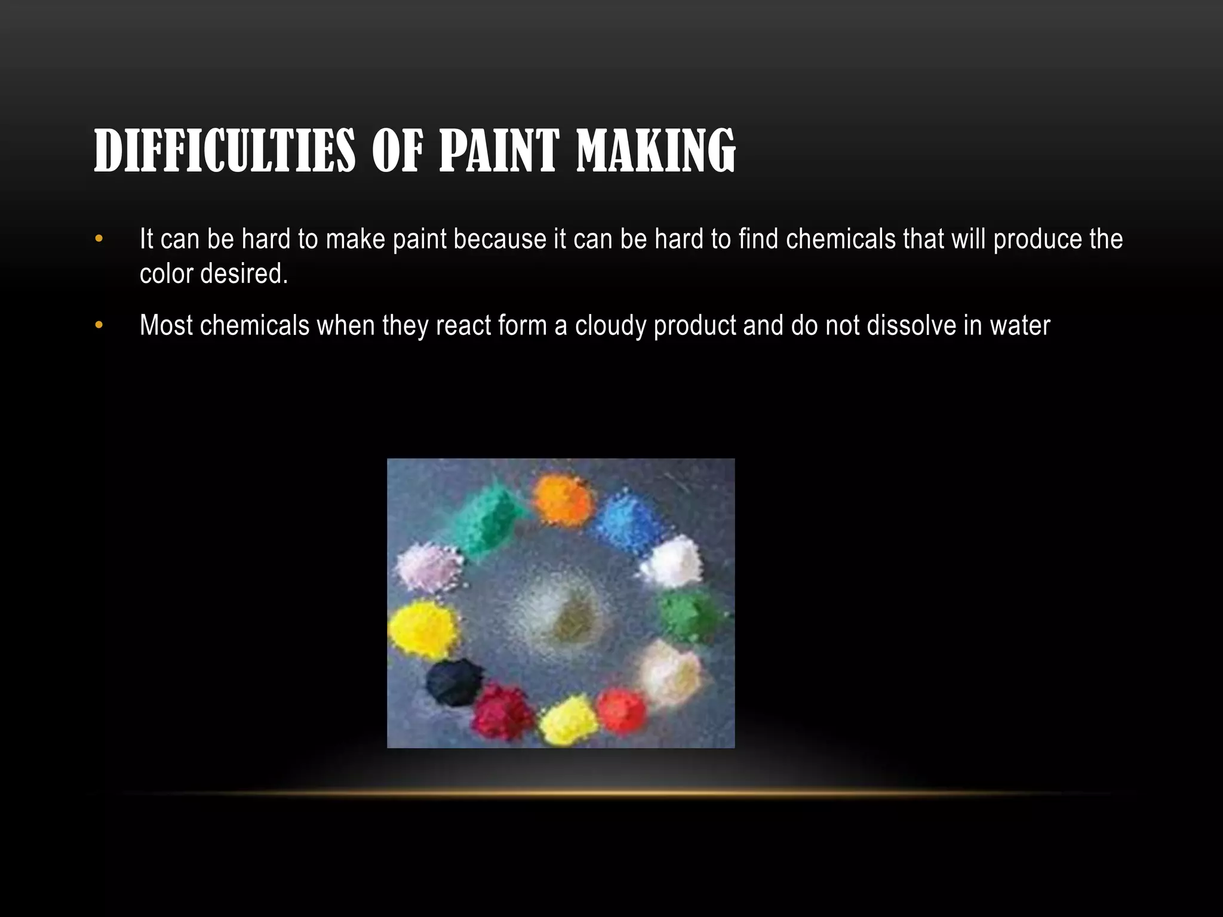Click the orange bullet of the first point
[99, 239]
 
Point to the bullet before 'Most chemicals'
[99, 325]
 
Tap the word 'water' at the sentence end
[1020, 325]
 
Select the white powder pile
[672, 562]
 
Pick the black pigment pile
[454, 681]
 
